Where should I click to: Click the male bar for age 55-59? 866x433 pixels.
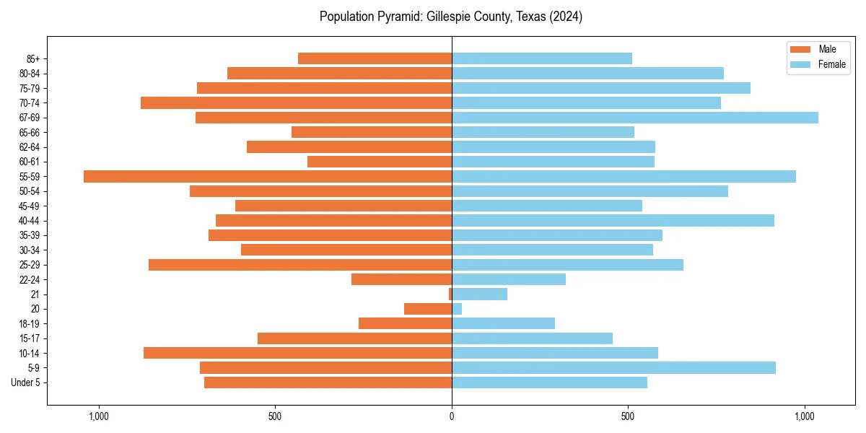(268, 176)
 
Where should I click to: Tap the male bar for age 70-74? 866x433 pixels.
(296, 102)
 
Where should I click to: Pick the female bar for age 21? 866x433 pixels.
(479, 294)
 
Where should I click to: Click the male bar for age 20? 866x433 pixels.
(428, 309)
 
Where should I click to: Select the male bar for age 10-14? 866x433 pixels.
(297, 353)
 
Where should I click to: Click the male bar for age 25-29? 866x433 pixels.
(300, 265)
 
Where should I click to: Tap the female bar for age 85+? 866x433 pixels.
(542, 58)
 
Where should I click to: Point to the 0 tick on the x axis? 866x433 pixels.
(452, 416)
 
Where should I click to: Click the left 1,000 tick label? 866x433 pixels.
(98, 416)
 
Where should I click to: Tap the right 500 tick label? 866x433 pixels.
(628, 416)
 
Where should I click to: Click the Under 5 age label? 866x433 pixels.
(26, 382)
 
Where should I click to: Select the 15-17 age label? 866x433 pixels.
(30, 338)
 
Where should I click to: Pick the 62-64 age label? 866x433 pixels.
(30, 147)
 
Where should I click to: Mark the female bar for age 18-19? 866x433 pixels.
(503, 323)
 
